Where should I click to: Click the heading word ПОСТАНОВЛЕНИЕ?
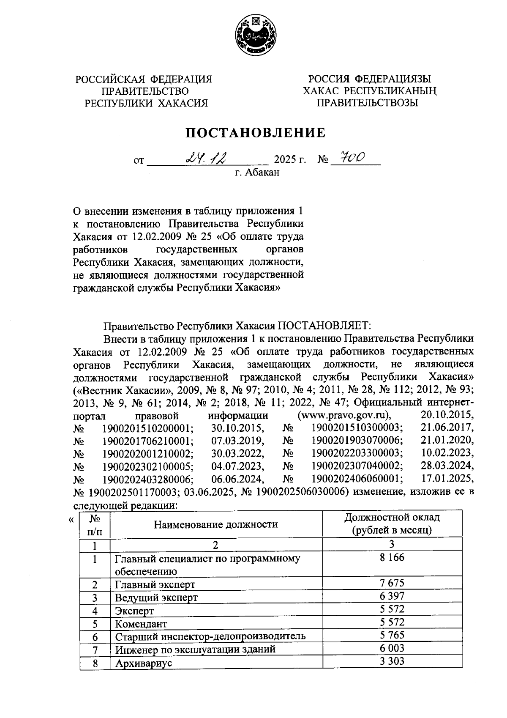256,133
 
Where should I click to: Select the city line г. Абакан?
257,172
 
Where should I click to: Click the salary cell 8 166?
392,558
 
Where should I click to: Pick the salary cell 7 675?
392,583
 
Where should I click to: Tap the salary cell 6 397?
392,596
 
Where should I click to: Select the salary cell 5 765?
392,635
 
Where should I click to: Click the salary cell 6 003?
392,648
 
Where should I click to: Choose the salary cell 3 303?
392,661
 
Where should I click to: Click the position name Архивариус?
144,663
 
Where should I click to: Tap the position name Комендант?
141,624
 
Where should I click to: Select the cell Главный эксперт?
155,585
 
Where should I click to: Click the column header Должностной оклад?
392,518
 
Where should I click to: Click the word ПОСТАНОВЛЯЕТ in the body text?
323,326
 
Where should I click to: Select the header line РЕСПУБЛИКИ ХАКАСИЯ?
146,103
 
